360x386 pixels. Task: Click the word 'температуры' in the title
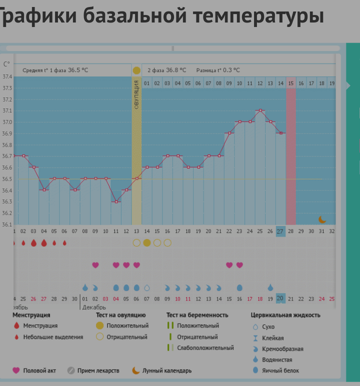[259, 16]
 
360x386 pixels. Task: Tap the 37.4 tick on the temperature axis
[7, 77]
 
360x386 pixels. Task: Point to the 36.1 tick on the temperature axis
[7, 225]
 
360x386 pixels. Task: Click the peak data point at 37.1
[260, 110]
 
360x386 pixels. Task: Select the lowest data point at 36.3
[116, 202]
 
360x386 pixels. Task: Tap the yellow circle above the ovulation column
[136, 70]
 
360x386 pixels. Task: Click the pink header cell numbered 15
[291, 83]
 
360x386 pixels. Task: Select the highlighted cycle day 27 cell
[280, 231]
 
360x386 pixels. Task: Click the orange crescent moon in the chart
[322, 219]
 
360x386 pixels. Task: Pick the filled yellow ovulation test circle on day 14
[147, 243]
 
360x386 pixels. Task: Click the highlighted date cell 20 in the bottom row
[280, 298]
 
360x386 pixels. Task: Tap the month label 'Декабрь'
[94, 307]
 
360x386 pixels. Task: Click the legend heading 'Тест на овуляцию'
[121, 315]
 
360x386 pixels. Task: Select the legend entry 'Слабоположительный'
[205, 348]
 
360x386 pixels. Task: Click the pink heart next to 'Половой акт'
[16, 370]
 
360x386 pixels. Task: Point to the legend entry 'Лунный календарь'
[167, 370]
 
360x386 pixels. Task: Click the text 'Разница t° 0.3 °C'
[218, 70]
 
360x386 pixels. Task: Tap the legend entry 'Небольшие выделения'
[53, 337]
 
